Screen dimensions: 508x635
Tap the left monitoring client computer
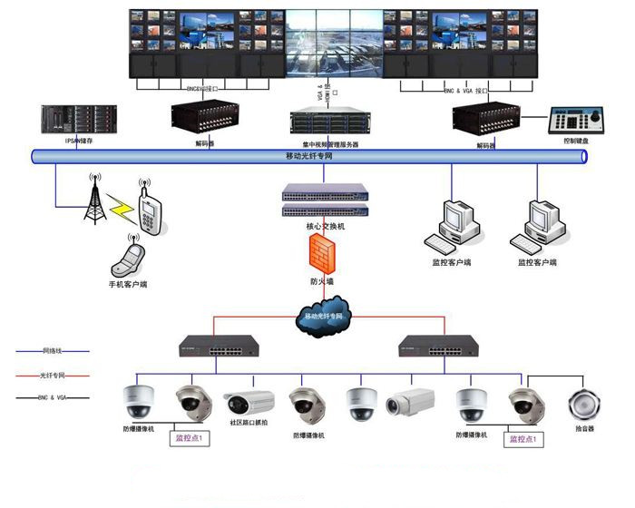pyautogui.click(x=451, y=226)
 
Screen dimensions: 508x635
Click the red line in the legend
pyautogui.click(x=53, y=375)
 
